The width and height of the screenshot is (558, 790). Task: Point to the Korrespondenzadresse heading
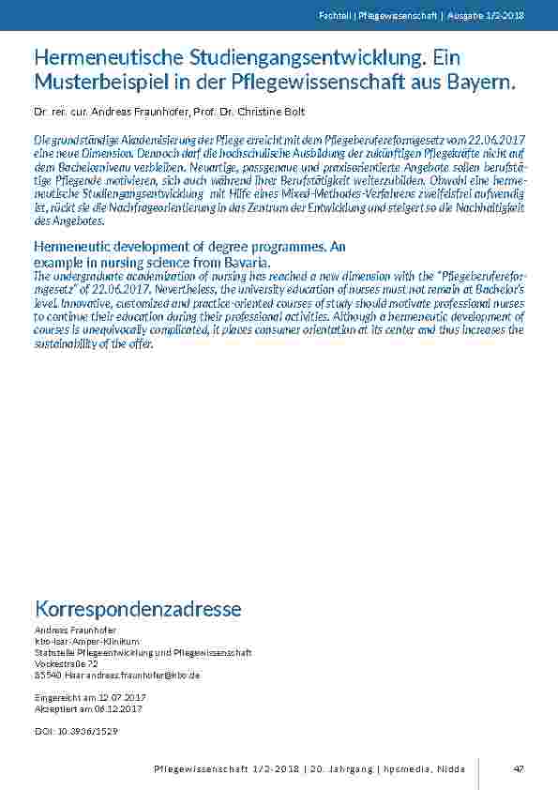[x=137, y=609]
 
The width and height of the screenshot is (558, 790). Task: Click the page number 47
[x=518, y=769]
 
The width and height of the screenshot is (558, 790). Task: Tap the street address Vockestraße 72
[x=66, y=663]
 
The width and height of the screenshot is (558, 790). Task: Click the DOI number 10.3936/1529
[x=86, y=730]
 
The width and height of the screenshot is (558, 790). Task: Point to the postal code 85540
[x=45, y=675]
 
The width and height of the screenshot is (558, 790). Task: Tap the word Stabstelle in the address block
[x=54, y=652]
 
